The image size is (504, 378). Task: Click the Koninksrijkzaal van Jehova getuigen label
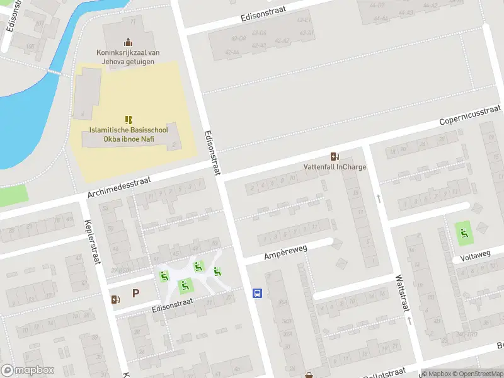pyautogui.click(x=128, y=57)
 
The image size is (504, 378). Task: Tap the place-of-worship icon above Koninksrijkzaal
pyautogui.click(x=128, y=42)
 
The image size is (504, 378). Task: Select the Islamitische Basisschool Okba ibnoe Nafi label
pyautogui.click(x=128, y=134)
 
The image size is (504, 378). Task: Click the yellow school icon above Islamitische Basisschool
pyautogui.click(x=128, y=119)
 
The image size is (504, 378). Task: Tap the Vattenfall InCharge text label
pyautogui.click(x=334, y=168)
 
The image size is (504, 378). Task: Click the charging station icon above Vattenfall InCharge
pyautogui.click(x=334, y=156)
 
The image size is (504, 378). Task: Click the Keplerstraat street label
pyautogui.click(x=92, y=242)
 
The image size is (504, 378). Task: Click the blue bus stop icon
pyautogui.click(x=257, y=293)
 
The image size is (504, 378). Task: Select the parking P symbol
pyautogui.click(x=135, y=293)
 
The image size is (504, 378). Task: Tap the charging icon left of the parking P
pyautogui.click(x=115, y=299)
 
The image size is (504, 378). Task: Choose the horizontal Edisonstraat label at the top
pyautogui.click(x=263, y=14)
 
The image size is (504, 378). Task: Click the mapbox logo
pyautogui.click(x=28, y=370)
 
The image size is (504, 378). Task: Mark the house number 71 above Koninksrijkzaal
pyautogui.click(x=132, y=22)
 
